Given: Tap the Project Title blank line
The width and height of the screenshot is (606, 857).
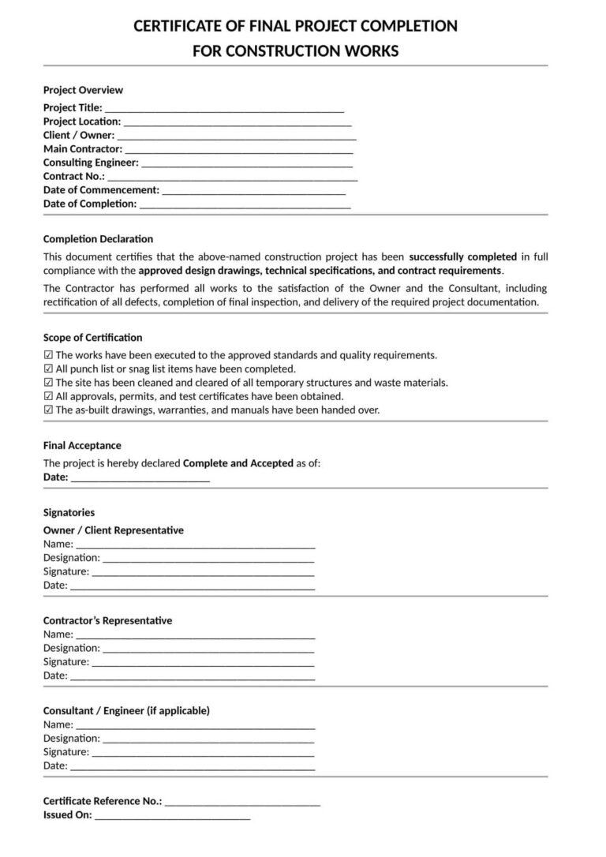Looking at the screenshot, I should click(224, 109).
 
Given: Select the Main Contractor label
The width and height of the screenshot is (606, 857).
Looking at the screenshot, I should click(83, 148).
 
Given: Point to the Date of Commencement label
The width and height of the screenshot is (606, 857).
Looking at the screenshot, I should click(101, 190).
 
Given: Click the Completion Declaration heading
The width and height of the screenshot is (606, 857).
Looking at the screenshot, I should click(98, 239).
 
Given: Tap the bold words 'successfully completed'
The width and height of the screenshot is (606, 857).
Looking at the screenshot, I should click(463, 257).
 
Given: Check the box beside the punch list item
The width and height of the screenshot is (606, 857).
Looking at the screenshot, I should click(48, 369).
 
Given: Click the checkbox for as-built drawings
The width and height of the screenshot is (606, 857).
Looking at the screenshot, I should click(48, 410).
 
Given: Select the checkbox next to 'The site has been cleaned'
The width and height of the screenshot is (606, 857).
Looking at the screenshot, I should click(48, 383).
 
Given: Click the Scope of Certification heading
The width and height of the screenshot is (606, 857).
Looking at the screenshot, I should click(92, 338).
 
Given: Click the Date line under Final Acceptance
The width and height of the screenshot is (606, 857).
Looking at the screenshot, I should click(140, 478).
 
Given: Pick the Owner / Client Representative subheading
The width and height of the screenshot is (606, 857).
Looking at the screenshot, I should click(113, 530).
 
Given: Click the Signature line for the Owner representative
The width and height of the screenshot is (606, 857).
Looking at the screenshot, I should click(202, 572).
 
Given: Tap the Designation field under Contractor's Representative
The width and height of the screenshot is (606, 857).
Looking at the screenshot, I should click(208, 649).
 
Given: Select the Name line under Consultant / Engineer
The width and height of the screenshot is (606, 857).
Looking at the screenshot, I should click(196, 724).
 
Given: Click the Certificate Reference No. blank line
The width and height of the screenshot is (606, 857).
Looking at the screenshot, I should click(242, 802).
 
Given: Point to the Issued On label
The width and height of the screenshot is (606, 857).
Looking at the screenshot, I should click(67, 815).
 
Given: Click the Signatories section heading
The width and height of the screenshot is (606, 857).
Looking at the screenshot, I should click(69, 513).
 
